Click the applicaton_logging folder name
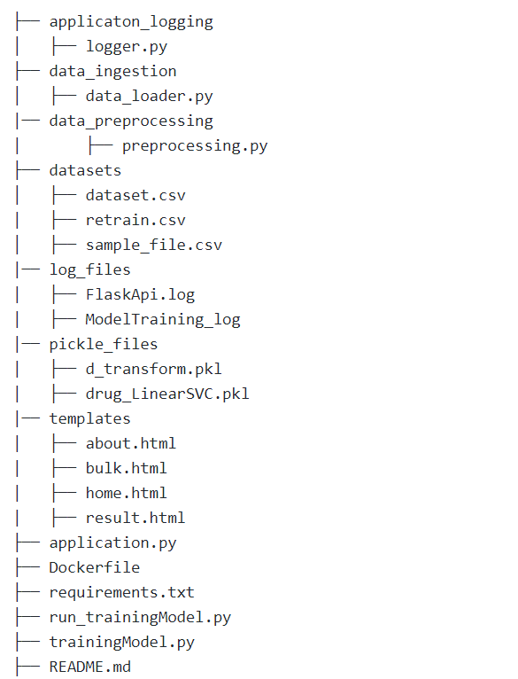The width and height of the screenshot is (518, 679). point(131,22)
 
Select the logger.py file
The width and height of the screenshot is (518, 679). point(127,47)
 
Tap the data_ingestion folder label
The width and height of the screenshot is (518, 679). point(113,72)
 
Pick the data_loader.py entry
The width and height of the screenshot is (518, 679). point(150,96)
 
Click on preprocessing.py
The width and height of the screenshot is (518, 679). point(195,146)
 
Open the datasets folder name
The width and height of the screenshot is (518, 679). point(85,170)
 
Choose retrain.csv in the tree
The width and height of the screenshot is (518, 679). point(135,220)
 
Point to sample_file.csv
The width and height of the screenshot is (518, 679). point(153,246)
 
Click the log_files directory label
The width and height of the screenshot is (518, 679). point(90,269)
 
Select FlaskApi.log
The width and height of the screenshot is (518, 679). point(140,295)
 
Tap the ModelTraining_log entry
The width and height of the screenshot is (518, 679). point(163,320)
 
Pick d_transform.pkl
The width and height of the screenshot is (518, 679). point(153,369)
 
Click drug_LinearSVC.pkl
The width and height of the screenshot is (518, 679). point(167,394)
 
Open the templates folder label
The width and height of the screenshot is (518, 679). point(90,418)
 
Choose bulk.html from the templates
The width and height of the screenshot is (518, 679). point(127,468)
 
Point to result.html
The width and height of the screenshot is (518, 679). point(135,518)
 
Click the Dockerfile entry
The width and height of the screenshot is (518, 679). point(95,567)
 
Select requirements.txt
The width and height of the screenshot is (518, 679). point(122,592)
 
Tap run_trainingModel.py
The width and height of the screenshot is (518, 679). point(140,617)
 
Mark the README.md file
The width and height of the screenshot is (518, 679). point(90,667)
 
